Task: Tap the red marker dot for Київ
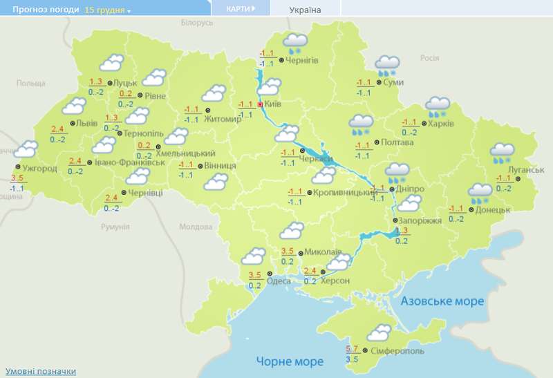(260, 104)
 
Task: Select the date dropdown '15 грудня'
(108, 10)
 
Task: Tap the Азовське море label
(442, 301)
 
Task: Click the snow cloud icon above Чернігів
(296, 44)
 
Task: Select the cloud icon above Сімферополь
(377, 333)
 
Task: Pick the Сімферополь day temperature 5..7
(352, 348)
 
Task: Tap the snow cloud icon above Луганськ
(502, 153)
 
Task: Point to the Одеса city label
(279, 281)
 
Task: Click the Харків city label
(441, 124)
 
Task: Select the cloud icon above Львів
(73, 106)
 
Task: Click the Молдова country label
(196, 227)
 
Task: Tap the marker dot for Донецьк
(471, 209)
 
